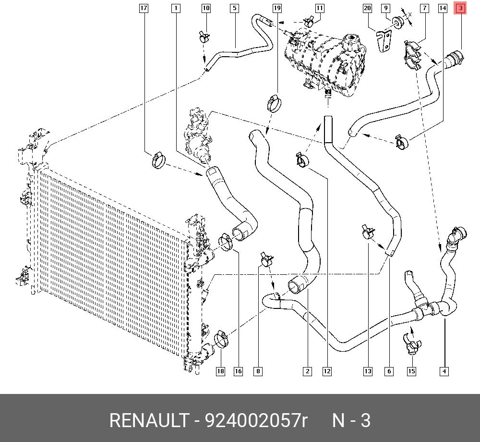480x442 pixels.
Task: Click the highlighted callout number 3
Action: click(x=460, y=8)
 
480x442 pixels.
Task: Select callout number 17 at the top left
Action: click(x=144, y=8)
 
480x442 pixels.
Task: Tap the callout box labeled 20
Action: click(x=367, y=8)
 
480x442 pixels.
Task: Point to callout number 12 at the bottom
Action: click(x=327, y=371)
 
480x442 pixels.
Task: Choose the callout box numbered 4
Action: click(x=444, y=371)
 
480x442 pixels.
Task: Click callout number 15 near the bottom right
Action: click(x=411, y=371)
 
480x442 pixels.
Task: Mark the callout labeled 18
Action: click(x=220, y=371)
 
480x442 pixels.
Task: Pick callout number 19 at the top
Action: click(x=277, y=8)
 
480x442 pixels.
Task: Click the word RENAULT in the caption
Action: click(x=149, y=421)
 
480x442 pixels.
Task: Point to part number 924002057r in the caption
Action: click(x=256, y=421)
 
